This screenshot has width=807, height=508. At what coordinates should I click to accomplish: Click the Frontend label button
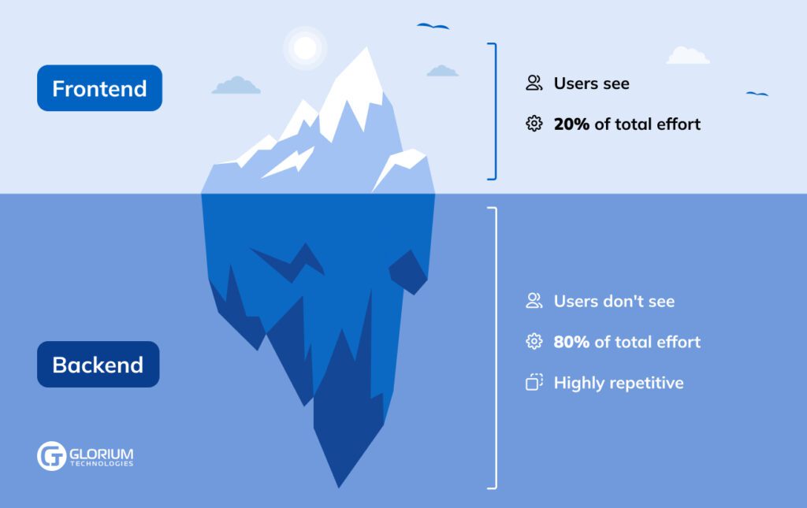pos(99,88)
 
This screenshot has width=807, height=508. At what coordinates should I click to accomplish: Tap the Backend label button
pos(99,364)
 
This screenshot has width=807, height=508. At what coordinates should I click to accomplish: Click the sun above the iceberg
pos(305,48)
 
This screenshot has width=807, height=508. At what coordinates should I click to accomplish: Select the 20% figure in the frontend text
pos(571,124)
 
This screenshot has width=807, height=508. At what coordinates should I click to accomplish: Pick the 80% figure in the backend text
pos(571,342)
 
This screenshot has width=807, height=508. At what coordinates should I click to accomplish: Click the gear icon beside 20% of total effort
pos(534,124)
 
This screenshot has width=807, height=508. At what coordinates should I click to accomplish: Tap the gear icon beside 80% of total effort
pos(534,341)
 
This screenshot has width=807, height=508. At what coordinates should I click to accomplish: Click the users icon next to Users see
pos(534,83)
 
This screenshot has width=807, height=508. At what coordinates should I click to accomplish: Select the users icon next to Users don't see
pos(534,301)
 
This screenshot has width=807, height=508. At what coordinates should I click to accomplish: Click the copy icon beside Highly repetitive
pos(534,383)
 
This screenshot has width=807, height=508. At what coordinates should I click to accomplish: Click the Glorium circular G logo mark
pos(51,455)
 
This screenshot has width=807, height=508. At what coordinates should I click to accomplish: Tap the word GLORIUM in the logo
pos(102,454)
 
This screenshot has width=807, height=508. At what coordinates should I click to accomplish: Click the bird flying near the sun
pos(433,26)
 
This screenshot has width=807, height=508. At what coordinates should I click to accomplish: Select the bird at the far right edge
pos(757,94)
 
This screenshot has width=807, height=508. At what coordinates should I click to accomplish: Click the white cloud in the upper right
pos(688,56)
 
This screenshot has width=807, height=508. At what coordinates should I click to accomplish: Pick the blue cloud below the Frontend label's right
pos(236,85)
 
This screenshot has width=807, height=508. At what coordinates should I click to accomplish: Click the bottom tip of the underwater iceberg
pos(339,488)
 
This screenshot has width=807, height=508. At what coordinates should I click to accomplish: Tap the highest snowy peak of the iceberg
pos(366,48)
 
